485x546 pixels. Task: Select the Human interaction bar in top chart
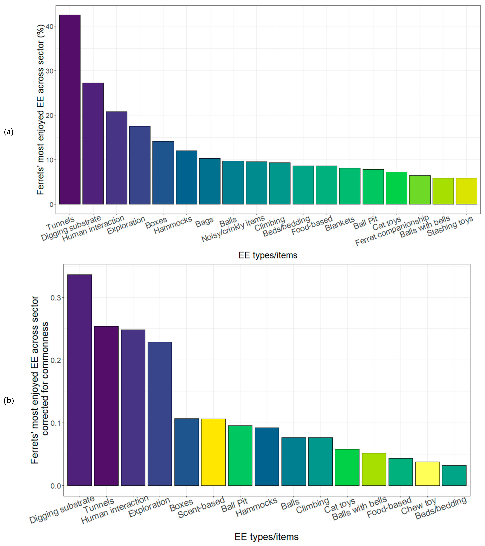point(116,158)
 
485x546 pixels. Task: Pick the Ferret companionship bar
point(420,190)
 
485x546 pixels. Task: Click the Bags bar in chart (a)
point(210,181)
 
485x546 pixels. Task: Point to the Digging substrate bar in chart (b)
point(80,380)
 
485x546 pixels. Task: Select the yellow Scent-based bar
point(213,452)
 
